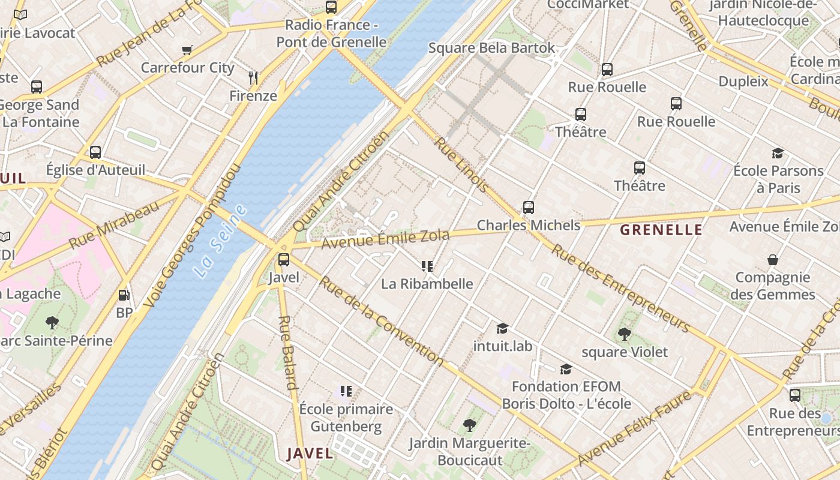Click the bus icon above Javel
(283, 260)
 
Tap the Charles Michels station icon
(529, 208)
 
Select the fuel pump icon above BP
(124, 295)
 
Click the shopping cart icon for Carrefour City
(187, 50)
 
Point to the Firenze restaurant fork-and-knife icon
(253, 77)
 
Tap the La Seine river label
(220, 241)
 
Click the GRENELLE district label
(661, 230)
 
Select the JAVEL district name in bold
(310, 454)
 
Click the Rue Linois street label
(461, 164)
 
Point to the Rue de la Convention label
(382, 321)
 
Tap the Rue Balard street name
(289, 353)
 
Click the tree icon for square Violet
(625, 334)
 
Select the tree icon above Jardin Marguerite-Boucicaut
(470, 425)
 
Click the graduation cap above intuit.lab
(502, 328)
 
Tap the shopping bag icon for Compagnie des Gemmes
(773, 260)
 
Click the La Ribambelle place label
(427, 284)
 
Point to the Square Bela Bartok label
(491, 48)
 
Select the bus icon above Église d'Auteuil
(95, 152)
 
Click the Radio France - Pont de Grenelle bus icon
(331, 7)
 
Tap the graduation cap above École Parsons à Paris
(778, 153)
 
